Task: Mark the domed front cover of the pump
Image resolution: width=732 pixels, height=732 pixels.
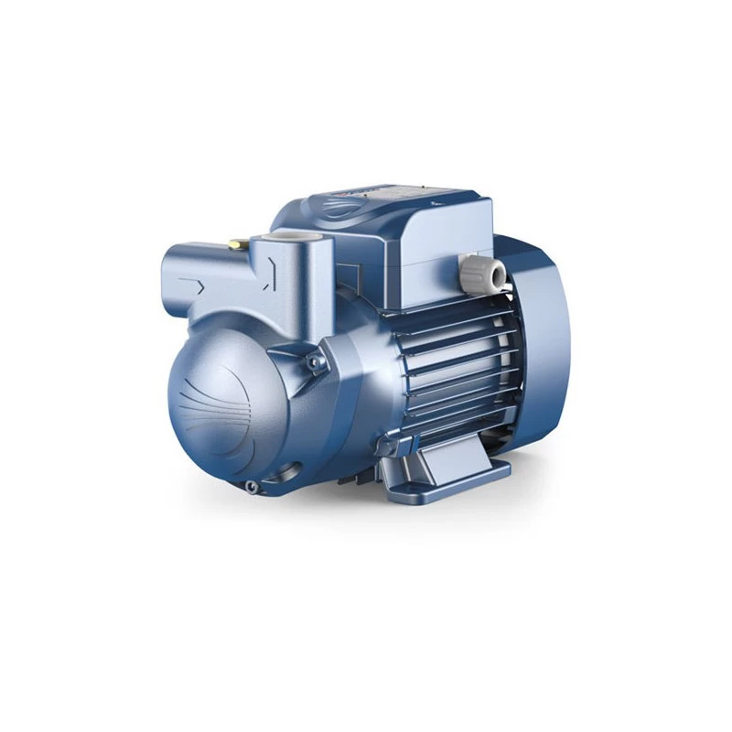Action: pos(229,403)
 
